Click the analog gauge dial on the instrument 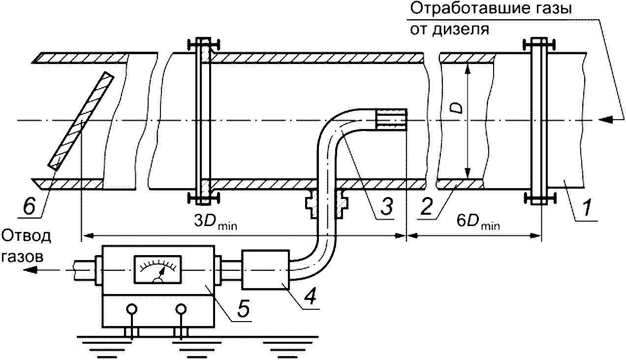pos(158,270)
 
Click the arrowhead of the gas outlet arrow pos(31,269)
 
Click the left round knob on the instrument pos(131,309)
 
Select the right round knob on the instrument pos(181,309)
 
